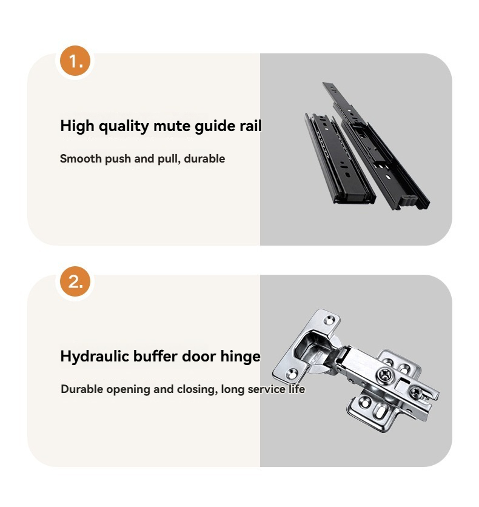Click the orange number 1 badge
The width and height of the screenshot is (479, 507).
click(x=75, y=61)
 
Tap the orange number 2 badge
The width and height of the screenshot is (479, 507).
click(x=75, y=281)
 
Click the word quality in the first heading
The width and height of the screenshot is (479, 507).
click(x=124, y=126)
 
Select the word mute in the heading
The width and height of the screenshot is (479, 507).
click(x=172, y=126)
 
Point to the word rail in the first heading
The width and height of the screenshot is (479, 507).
click(x=250, y=126)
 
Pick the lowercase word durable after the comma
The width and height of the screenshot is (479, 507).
click(x=204, y=159)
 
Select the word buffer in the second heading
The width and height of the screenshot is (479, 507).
click(x=155, y=357)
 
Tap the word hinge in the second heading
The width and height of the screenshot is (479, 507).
click(x=241, y=357)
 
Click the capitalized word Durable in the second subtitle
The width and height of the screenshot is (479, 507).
click(x=82, y=389)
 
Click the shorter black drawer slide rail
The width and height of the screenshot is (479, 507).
click(x=340, y=158)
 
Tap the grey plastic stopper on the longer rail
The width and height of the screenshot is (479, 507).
click(x=407, y=201)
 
